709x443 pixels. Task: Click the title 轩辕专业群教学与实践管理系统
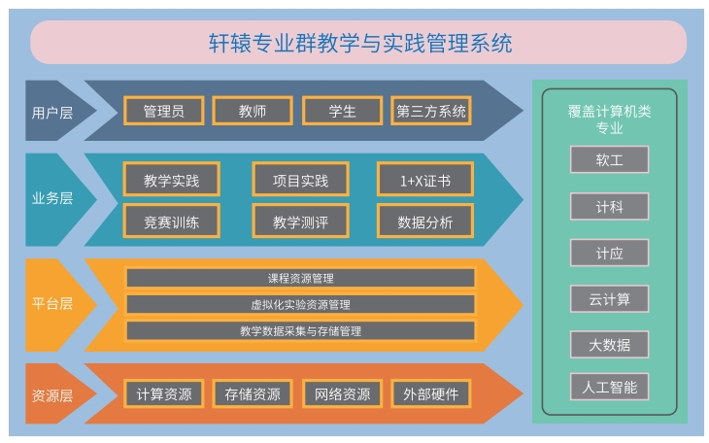pyautogui.click(x=360, y=43)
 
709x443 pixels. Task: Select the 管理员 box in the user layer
pyautogui.click(x=164, y=111)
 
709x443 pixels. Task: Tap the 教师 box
pyautogui.click(x=253, y=111)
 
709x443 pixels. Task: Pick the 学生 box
pyautogui.click(x=342, y=111)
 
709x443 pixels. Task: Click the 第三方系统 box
pyautogui.click(x=431, y=111)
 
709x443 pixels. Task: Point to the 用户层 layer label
pyautogui.click(x=52, y=113)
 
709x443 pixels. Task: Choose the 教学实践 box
pyautogui.click(x=171, y=179)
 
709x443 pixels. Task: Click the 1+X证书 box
pyautogui.click(x=425, y=179)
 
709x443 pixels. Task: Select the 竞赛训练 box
pyautogui.click(x=171, y=221)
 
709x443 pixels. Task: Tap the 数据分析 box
pyautogui.click(x=425, y=221)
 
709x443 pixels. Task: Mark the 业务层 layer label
pyautogui.click(x=52, y=198)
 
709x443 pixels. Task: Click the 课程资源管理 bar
pyautogui.click(x=301, y=278)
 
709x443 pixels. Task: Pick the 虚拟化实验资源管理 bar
pyautogui.click(x=301, y=304)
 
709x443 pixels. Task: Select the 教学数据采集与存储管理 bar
pyautogui.click(x=301, y=330)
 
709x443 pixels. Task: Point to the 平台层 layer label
pyautogui.click(x=52, y=303)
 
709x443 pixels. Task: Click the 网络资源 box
pyautogui.click(x=342, y=393)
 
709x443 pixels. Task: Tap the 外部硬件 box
pyautogui.click(x=431, y=393)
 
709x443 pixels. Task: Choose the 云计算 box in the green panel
pyautogui.click(x=610, y=298)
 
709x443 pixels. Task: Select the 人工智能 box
pyautogui.click(x=610, y=387)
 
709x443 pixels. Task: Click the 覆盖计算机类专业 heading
pyautogui.click(x=610, y=119)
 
